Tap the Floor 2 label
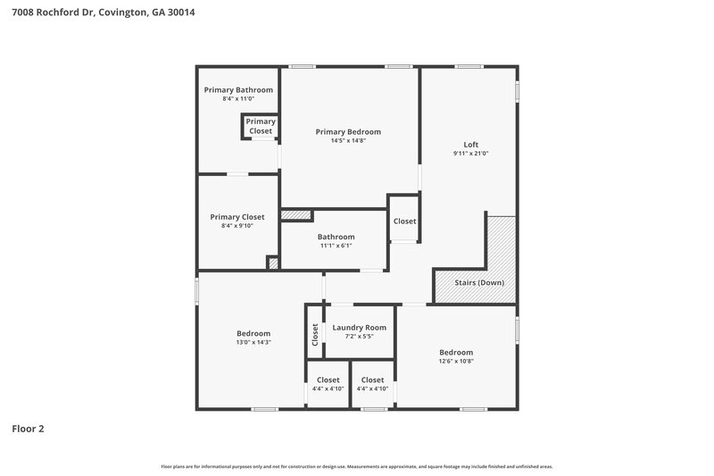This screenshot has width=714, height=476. tap(28, 428)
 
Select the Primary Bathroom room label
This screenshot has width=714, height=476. tap(238, 90)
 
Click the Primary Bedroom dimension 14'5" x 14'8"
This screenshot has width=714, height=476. tap(348, 140)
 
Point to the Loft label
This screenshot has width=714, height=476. tap(470, 145)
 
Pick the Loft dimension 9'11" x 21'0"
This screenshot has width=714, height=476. tap(470, 154)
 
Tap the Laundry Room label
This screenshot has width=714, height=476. tap(359, 328)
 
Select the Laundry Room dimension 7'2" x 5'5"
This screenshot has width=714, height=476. tap(359, 337)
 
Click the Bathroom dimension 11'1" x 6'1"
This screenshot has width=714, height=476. tap(336, 246)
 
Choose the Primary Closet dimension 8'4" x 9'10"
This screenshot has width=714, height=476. tap(237, 226)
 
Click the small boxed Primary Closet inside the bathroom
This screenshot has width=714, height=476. tap(261, 126)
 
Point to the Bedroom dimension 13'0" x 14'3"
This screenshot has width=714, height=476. tap(253, 342)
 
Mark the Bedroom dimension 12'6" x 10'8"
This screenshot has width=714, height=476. tap(455, 361)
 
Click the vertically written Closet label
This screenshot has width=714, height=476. tap(315, 334)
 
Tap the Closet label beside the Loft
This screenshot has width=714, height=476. tap(404, 221)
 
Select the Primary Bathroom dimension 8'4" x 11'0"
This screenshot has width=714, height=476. tap(238, 99)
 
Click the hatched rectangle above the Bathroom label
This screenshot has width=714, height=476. tap(295, 214)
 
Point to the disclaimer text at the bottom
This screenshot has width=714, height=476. tap(357, 466)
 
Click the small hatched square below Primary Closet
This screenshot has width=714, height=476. tap(274, 263)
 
